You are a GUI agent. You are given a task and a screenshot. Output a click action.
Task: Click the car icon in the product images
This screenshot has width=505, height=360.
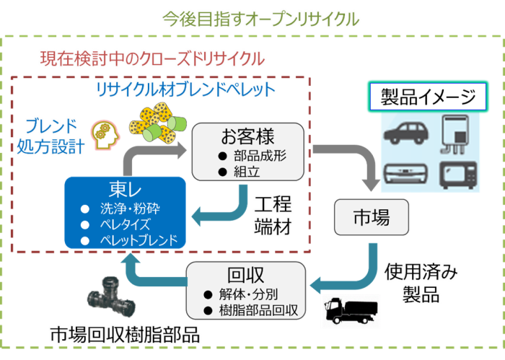coord(406,133)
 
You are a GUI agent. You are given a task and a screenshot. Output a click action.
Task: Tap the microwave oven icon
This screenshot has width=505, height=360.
coord(458,175)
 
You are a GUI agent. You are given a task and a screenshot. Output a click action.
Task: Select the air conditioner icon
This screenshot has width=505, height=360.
coord(405,174)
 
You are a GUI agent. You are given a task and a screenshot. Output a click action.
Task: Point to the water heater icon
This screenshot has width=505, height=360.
coord(455,134)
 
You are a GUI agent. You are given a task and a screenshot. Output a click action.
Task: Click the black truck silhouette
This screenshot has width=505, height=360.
coord(351,311)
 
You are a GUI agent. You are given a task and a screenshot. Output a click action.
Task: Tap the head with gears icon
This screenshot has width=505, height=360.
coord(105,136)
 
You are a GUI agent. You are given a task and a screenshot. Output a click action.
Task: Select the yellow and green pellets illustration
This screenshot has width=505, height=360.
coord(158,123)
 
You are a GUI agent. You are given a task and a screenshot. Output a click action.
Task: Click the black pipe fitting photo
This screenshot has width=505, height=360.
coord(111,297)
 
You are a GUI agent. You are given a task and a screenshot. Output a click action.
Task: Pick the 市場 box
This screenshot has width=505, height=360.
coord(372,217)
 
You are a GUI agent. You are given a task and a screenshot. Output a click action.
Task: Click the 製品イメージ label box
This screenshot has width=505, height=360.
coord(428,97)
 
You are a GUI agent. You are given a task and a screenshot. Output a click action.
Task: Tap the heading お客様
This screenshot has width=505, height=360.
coord(247,136)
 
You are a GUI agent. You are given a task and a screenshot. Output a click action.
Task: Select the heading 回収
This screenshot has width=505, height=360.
coord(245,275)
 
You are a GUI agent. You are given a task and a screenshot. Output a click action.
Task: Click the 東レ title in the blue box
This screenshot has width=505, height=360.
coord(125,189)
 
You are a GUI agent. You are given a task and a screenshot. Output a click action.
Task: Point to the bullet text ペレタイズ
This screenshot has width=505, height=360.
coord(126,224)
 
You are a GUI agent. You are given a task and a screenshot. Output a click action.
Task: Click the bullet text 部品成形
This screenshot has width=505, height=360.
coord(260,156)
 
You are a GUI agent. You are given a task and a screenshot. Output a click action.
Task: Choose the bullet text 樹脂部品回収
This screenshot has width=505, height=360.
coord(258,310)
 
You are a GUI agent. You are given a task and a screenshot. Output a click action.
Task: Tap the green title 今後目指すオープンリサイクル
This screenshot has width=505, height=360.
coord(261,19)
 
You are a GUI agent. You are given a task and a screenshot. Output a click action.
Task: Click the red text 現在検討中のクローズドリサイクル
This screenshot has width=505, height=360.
coord(152,59)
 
